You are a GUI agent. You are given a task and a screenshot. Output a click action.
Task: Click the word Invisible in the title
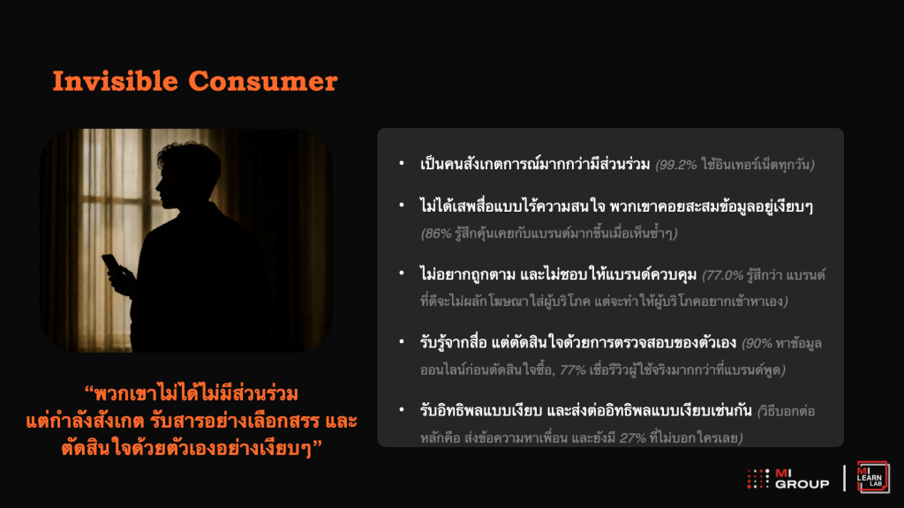tap(116, 80)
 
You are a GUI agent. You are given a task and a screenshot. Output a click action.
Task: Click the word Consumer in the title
tap(263, 81)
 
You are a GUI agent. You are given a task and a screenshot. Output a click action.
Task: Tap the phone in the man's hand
tap(111, 264)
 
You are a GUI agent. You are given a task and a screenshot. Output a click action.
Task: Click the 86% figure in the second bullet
tap(438, 234)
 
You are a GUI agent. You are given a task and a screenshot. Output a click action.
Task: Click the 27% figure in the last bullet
tap(632, 438)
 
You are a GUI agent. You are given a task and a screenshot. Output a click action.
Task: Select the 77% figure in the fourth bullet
tap(572, 370)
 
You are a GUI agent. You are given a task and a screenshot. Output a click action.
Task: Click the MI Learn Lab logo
tap(873, 477)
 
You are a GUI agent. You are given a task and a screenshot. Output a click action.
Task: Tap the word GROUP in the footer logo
tap(802, 484)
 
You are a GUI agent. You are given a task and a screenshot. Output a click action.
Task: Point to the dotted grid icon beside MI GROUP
tap(758, 479)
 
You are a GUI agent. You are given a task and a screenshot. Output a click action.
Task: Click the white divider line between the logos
tap(844, 478)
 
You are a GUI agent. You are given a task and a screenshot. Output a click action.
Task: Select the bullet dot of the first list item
tap(402, 163)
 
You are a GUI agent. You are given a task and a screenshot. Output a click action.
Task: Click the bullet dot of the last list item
tap(402, 409)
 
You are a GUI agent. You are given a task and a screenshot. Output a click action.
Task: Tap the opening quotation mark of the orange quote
tap(89, 390)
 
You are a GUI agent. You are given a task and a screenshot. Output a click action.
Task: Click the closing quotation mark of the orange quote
tap(317, 444)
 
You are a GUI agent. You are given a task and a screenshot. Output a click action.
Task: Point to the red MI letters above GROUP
tap(783, 473)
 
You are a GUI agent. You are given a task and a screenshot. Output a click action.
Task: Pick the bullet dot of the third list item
tap(402, 273)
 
